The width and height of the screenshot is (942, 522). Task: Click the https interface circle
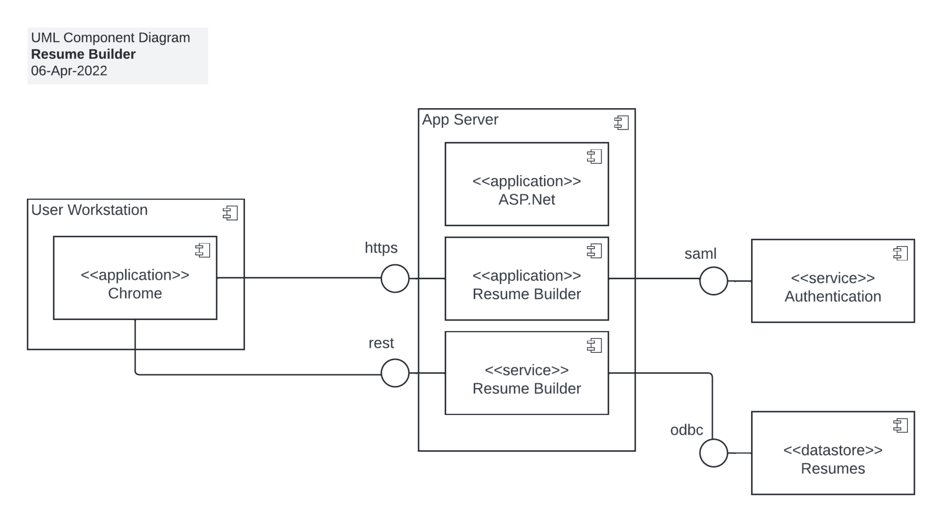click(x=395, y=278)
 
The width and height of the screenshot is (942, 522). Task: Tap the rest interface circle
click(x=395, y=373)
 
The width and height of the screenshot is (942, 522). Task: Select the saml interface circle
click(x=713, y=281)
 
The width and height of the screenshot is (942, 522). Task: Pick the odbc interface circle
click(x=713, y=453)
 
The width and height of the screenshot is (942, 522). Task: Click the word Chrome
click(x=135, y=293)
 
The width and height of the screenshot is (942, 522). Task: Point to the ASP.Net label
click(x=527, y=200)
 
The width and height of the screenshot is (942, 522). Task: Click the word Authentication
click(x=833, y=297)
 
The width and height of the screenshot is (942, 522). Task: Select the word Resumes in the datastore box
click(x=833, y=469)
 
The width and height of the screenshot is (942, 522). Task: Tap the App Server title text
click(x=460, y=120)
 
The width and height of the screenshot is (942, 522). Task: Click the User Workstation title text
click(x=89, y=210)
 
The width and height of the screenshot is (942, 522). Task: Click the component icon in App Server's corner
click(x=621, y=122)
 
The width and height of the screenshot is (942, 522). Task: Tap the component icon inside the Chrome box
click(x=202, y=250)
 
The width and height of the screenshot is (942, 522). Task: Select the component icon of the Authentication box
click(x=900, y=253)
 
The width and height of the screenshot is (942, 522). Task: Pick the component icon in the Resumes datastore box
click(x=900, y=425)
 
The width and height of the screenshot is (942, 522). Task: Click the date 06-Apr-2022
click(x=69, y=71)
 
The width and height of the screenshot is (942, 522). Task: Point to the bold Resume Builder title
click(x=83, y=54)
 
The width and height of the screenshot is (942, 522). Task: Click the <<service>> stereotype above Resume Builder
click(x=527, y=370)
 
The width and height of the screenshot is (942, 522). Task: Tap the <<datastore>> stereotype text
click(x=833, y=450)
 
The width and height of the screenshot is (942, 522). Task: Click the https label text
click(x=381, y=248)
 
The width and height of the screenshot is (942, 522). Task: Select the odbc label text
click(x=686, y=430)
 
